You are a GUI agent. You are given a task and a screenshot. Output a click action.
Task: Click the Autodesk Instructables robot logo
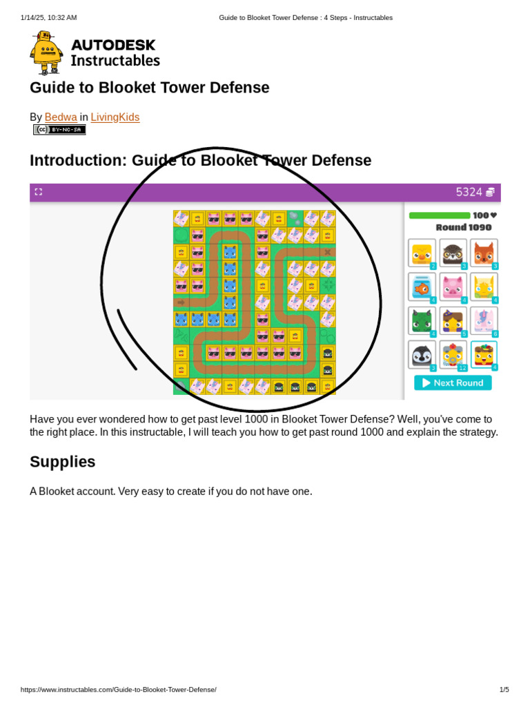(46, 53)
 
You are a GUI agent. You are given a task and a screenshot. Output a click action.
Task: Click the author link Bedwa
(61, 117)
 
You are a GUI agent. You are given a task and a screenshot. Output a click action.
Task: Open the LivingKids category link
(115, 117)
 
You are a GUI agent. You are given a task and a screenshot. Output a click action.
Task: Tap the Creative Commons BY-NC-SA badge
(59, 130)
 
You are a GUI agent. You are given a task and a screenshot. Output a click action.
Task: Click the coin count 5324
(469, 192)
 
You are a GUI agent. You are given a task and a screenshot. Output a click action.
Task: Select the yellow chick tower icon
(422, 253)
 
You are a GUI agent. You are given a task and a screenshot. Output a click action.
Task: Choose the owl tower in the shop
(453, 253)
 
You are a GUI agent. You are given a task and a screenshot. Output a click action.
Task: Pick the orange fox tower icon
(484, 253)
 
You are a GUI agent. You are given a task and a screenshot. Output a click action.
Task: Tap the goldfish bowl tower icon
(422, 287)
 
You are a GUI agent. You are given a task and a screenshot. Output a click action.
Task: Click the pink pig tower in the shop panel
(453, 287)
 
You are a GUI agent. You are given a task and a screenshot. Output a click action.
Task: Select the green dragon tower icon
(422, 320)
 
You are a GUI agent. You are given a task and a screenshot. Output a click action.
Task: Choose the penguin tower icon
(422, 354)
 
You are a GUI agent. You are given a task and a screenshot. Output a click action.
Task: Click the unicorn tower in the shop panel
(484, 320)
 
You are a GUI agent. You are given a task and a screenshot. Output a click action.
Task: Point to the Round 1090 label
(464, 227)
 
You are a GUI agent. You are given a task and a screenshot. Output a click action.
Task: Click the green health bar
(440, 215)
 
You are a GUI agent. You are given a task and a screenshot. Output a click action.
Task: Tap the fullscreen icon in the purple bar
(39, 192)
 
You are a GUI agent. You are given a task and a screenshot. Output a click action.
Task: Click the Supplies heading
(63, 462)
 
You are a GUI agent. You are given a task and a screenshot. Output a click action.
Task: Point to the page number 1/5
(504, 690)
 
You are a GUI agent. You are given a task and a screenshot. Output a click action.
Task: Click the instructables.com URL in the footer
(118, 690)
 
